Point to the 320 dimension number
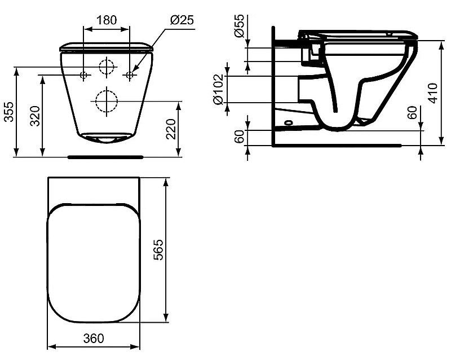35,117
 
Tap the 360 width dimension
93,339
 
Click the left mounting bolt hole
83,74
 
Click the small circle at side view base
289,121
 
